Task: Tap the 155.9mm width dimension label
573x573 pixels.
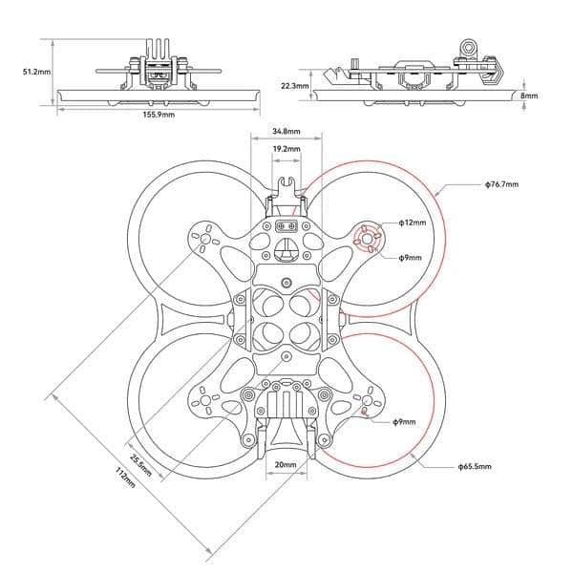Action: point(159,115)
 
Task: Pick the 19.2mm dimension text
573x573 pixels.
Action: point(286,150)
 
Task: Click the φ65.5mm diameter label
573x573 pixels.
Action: point(474,467)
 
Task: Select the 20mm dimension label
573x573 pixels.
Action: point(286,465)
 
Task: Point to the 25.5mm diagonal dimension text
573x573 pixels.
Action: point(139,457)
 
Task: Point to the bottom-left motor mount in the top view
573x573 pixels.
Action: point(204,401)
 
